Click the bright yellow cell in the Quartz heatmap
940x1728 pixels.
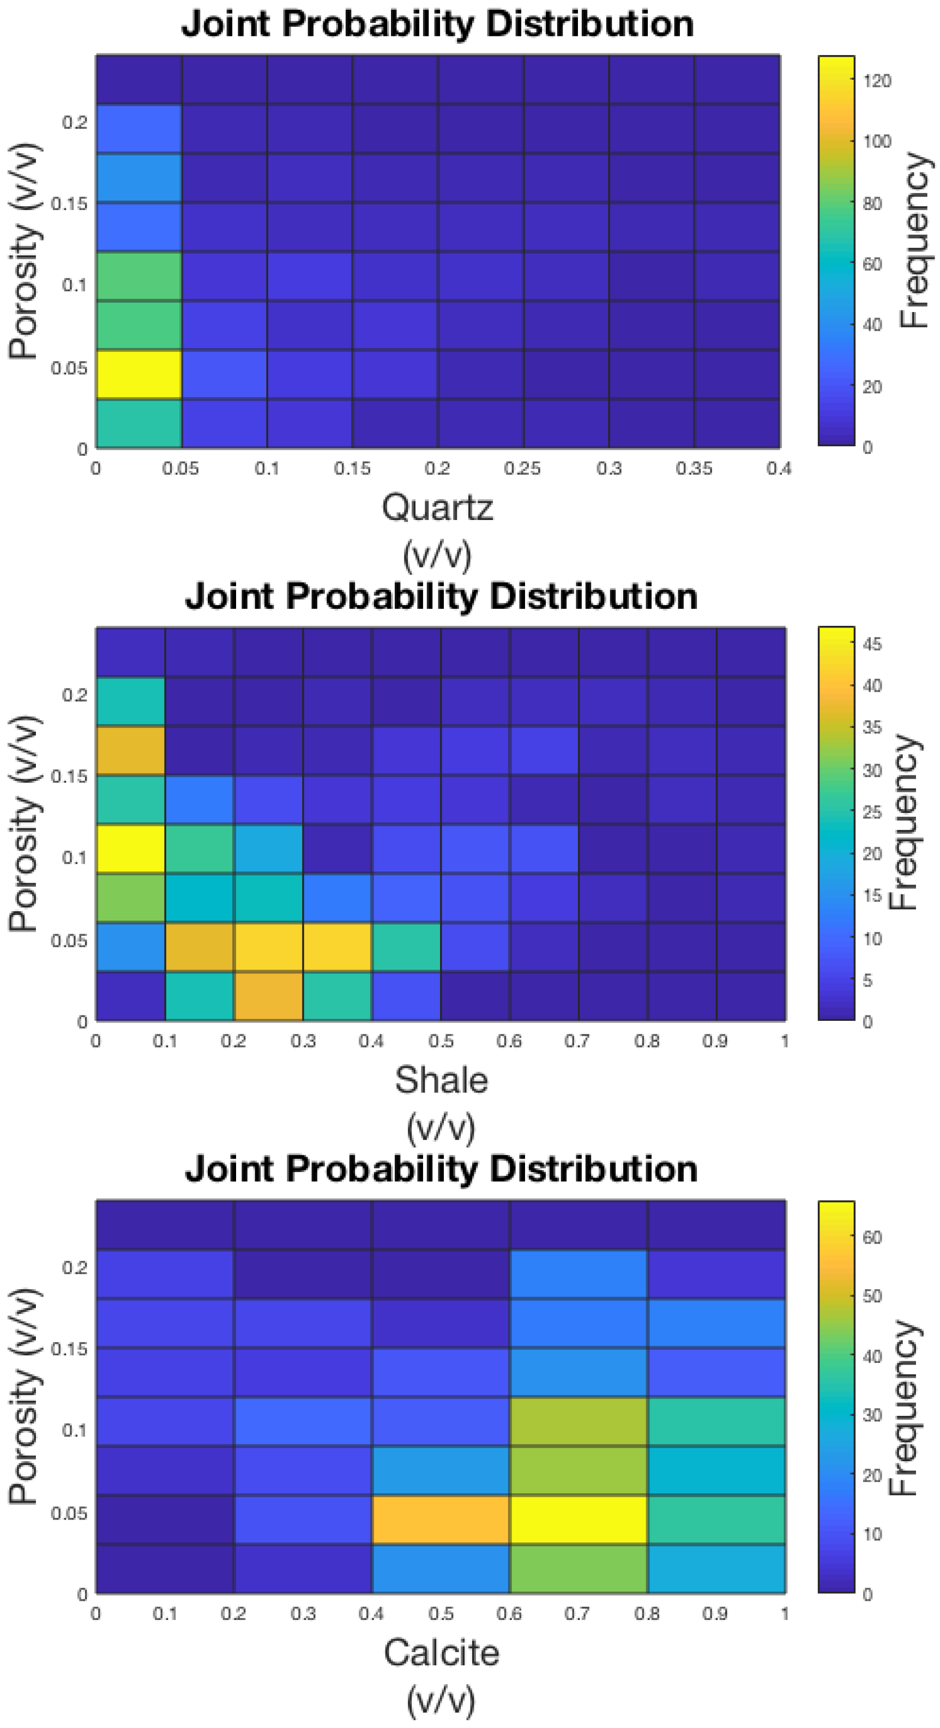pyautogui.click(x=139, y=374)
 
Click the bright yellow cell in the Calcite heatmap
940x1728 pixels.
pyautogui.click(x=578, y=1520)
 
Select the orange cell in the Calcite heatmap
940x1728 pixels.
pyautogui.click(x=441, y=1520)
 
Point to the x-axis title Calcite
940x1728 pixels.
pyautogui.click(x=441, y=1652)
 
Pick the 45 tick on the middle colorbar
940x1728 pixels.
pyautogui.click(x=872, y=644)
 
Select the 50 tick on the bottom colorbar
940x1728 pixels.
pyautogui.click(x=872, y=1296)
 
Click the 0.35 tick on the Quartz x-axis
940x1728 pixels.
pyautogui.click(x=693, y=468)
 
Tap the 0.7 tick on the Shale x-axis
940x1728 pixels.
pyautogui.click(x=577, y=1041)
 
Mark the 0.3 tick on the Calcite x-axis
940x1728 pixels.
pyautogui.click(x=303, y=1613)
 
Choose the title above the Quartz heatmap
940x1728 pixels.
pyautogui.click(x=437, y=24)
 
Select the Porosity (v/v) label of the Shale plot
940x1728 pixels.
pyautogui.click(x=23, y=824)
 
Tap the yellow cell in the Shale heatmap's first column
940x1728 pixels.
pyautogui.click(x=131, y=848)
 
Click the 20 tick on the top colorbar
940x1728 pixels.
pyautogui.click(x=872, y=386)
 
